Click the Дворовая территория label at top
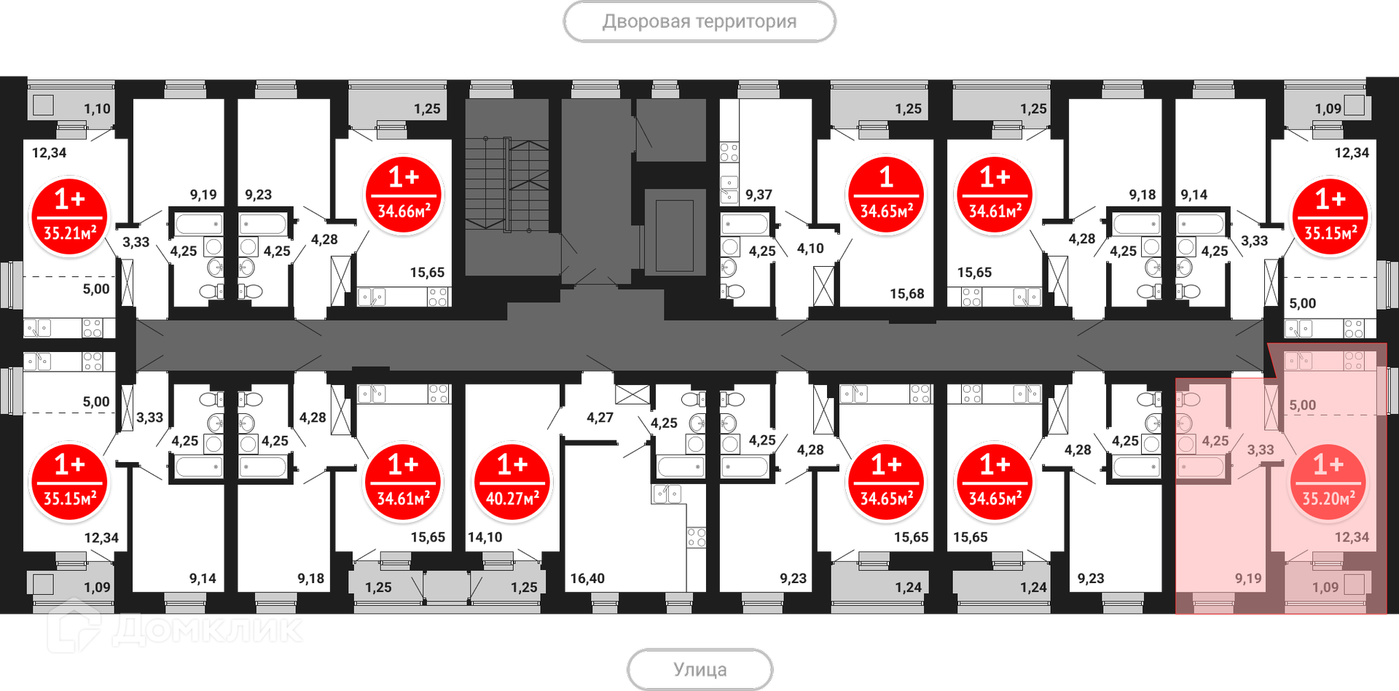pyautogui.click(x=699, y=22)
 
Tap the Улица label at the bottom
pyautogui.click(x=699, y=669)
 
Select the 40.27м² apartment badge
pyautogui.click(x=512, y=483)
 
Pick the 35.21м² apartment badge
pyautogui.click(x=69, y=217)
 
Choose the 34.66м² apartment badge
pyautogui.click(x=404, y=195)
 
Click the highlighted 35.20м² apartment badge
pyautogui.click(x=1328, y=483)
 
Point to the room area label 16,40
pyautogui.click(x=587, y=579)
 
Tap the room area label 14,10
pyautogui.click(x=485, y=537)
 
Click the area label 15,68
pyautogui.click(x=906, y=294)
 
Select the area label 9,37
pyautogui.click(x=759, y=195)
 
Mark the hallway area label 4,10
pyautogui.click(x=810, y=249)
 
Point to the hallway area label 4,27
pyautogui.click(x=600, y=418)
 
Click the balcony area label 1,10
pyautogui.click(x=97, y=109)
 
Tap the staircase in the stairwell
pyautogui.click(x=506, y=185)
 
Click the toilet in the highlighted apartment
pyautogui.click(x=1188, y=399)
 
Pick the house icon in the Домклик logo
pyautogui.click(x=73, y=631)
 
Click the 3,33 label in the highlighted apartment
pyautogui.click(x=1261, y=450)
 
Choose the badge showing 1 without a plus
pyautogui.click(x=886, y=195)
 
